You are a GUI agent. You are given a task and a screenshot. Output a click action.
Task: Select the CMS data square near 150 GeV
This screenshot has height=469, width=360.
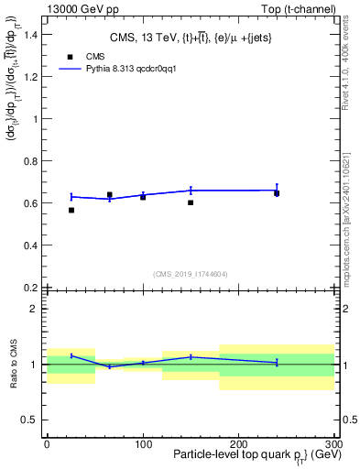point(191,202)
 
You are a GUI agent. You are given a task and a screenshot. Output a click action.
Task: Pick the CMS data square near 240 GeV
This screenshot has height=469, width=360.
point(277,193)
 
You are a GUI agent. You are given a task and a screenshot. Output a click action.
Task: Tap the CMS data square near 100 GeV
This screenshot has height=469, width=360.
point(143,197)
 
